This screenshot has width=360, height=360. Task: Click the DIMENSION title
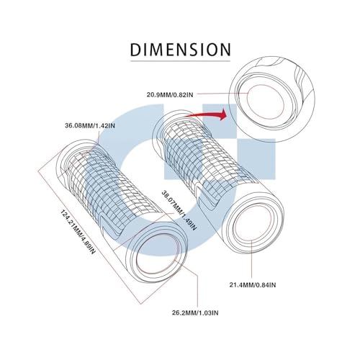click(180, 50)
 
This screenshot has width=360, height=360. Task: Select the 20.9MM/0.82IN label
click(170, 95)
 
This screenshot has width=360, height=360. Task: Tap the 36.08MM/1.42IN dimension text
click(90, 125)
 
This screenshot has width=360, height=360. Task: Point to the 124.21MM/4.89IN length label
click(78, 232)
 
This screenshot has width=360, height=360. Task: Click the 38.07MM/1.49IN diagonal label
click(179, 210)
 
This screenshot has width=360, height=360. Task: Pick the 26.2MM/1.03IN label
click(195, 313)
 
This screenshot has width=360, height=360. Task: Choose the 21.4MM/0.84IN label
click(253, 285)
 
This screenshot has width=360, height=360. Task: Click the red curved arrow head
click(223, 114)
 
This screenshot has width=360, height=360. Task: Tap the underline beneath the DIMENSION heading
click(180, 61)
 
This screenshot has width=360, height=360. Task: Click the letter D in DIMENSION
click(135, 50)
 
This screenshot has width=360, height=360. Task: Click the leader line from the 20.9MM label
click(222, 94)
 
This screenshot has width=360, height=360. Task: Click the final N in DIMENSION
click(225, 50)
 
